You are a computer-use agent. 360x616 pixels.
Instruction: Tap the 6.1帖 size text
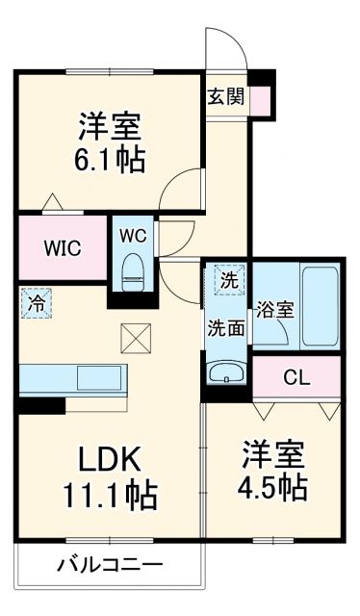click(111, 160)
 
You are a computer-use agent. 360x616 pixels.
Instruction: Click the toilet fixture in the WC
click(134, 270)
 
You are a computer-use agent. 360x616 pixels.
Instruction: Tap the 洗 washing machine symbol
click(228, 281)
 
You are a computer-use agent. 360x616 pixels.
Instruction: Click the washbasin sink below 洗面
click(228, 372)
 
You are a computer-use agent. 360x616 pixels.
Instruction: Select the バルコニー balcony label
click(109, 565)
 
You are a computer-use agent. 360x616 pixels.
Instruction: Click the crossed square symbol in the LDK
click(132, 338)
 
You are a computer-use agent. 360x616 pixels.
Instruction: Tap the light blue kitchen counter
click(67, 377)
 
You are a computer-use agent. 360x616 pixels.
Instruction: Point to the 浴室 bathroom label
click(275, 310)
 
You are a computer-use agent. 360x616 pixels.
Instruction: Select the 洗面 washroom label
click(227, 327)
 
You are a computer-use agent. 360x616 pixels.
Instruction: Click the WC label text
click(133, 234)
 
